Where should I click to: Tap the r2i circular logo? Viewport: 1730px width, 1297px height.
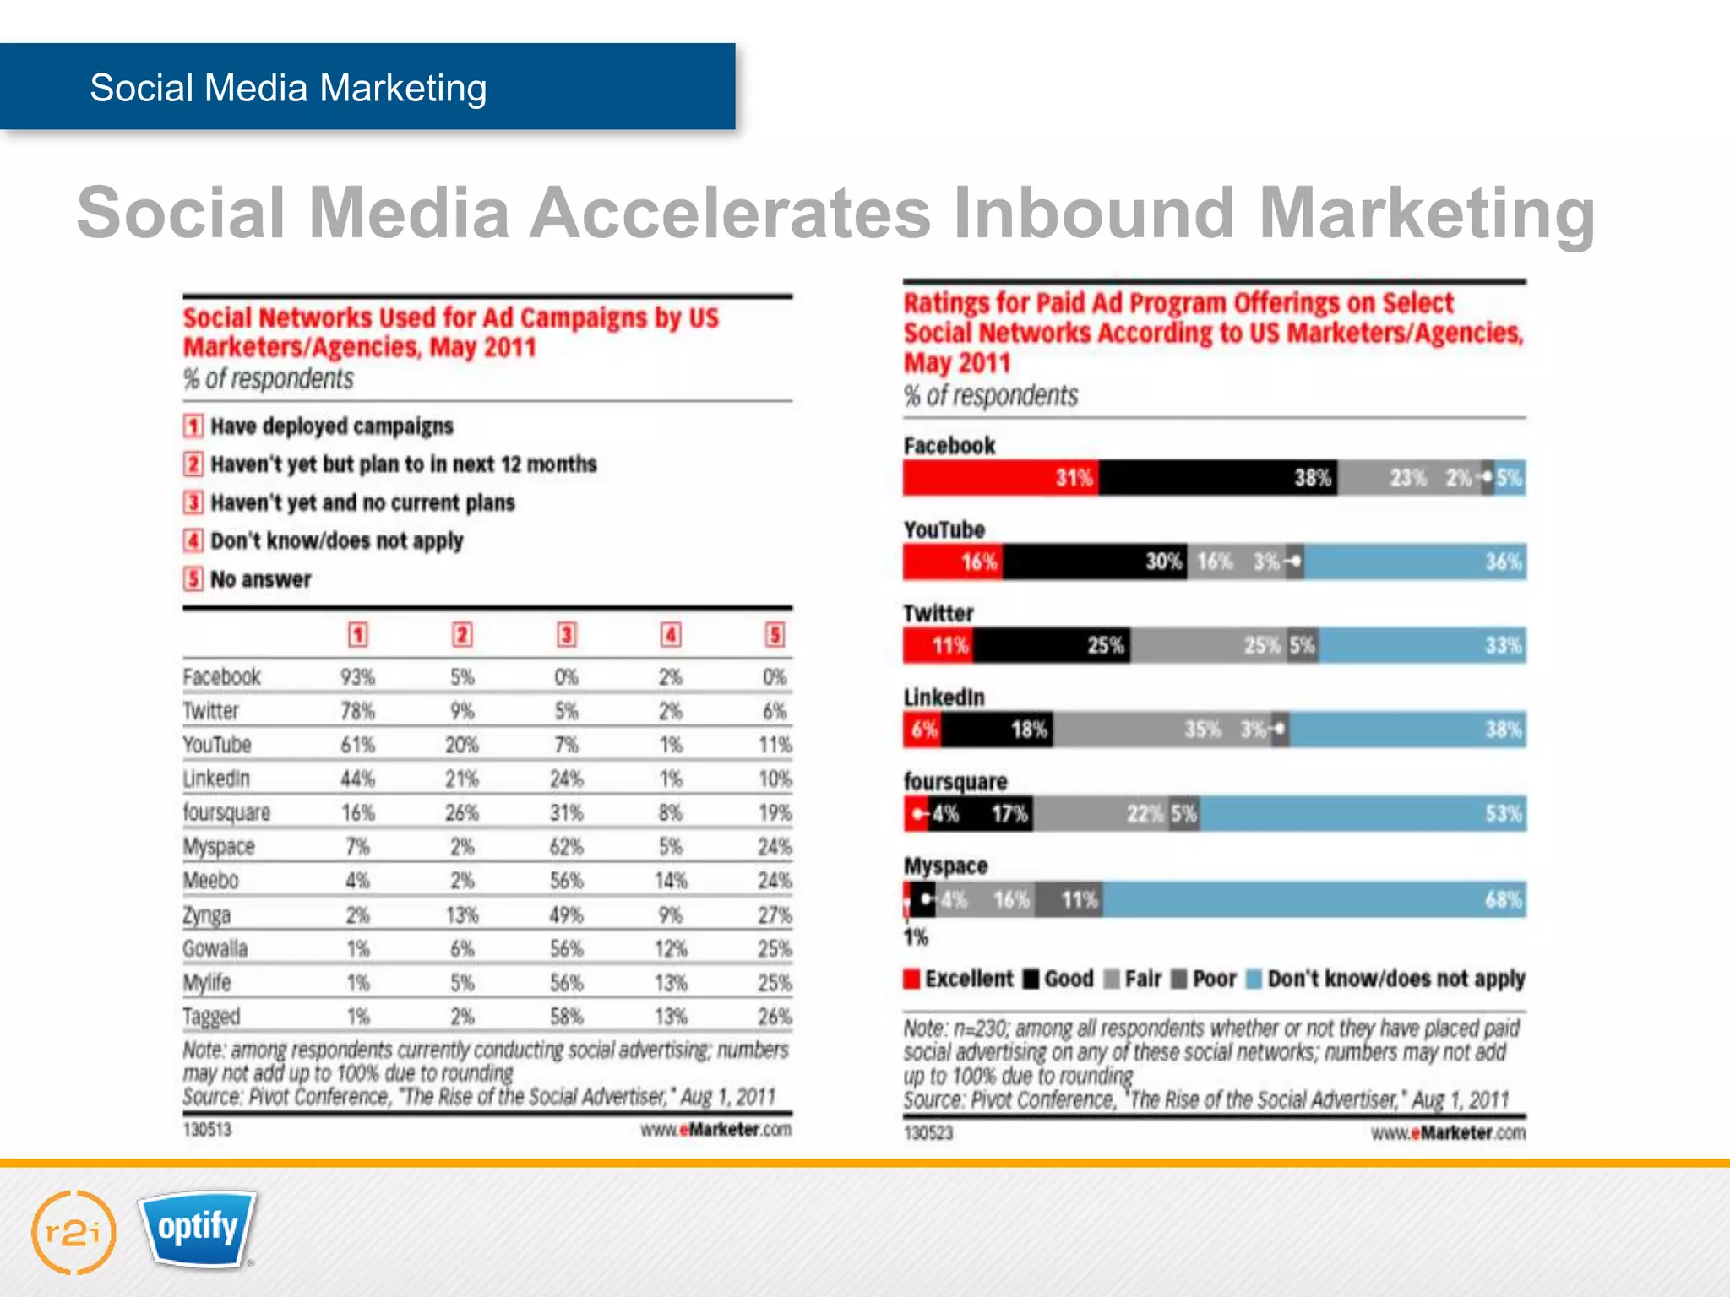pos(73,1232)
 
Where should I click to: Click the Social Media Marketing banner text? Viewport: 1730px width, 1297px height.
pos(288,88)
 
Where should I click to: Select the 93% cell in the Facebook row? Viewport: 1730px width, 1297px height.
pos(357,677)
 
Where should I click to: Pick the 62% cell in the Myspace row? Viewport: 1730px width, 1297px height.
pos(566,846)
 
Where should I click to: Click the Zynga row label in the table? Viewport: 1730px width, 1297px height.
pos(207,914)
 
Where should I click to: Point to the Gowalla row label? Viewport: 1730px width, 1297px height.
pos(215,948)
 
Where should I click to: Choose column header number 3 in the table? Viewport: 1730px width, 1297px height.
pos(567,634)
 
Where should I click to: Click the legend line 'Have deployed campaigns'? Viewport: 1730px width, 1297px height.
pos(331,426)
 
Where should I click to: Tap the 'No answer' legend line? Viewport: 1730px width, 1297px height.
pos(260,579)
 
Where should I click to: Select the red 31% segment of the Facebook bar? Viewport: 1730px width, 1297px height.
pos(1001,478)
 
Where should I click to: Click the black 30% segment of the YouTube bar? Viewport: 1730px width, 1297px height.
pos(1094,562)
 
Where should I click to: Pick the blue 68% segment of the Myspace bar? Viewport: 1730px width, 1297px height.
pos(1314,900)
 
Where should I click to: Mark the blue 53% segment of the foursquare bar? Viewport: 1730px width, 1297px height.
pos(1362,815)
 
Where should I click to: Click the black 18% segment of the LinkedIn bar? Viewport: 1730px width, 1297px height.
pos(997,730)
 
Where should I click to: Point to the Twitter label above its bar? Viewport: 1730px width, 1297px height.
pos(938,613)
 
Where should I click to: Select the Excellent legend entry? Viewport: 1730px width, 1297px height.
pos(959,979)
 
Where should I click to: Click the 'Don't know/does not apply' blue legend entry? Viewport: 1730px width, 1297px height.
pos(1386,979)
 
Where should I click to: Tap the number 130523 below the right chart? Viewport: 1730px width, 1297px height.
pos(928,1132)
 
